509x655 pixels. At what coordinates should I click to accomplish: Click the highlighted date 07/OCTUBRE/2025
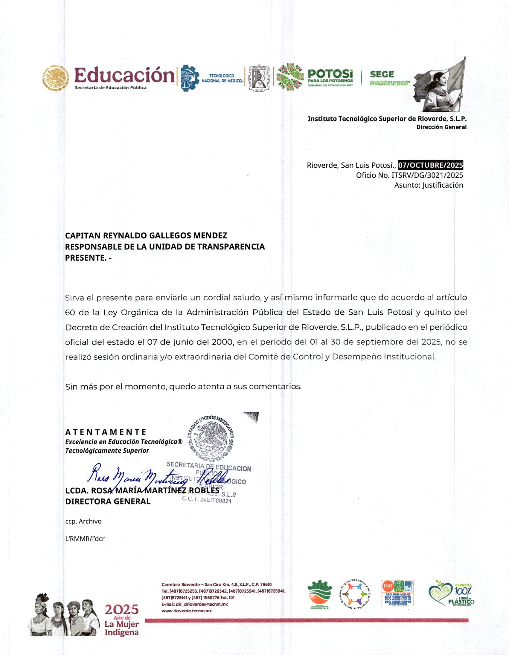coord(430,165)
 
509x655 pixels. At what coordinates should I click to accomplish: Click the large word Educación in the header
coord(124,75)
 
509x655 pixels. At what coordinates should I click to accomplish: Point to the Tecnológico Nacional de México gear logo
coord(190,78)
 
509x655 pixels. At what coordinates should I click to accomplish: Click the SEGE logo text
coord(382,74)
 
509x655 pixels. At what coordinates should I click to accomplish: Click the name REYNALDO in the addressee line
coord(126,235)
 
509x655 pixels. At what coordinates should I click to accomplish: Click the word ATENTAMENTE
coord(106,432)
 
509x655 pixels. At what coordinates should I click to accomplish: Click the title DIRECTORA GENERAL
coord(108,501)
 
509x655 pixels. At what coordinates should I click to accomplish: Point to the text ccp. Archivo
coord(83,521)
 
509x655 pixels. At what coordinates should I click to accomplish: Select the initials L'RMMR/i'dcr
coord(85,539)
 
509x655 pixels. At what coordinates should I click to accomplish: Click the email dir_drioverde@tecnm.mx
coord(194,604)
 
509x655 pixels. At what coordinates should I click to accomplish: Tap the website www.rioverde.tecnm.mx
coord(186,610)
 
